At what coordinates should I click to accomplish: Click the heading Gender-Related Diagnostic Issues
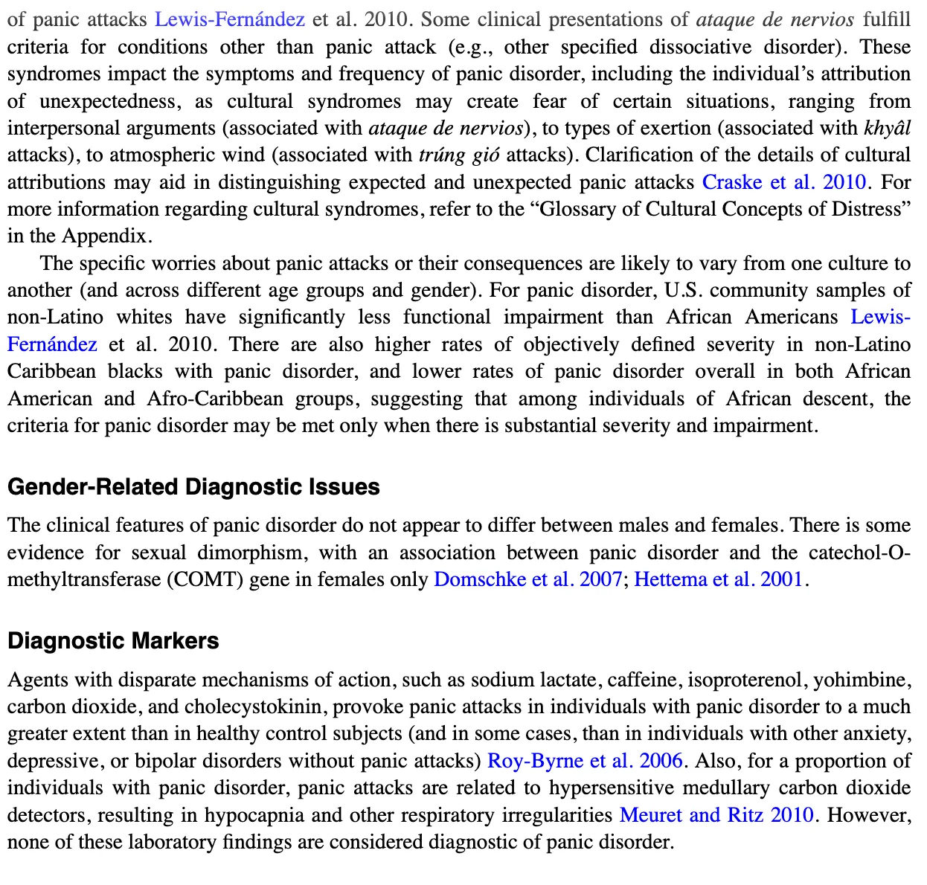193,487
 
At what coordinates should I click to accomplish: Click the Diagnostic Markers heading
113,641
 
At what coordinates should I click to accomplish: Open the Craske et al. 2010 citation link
784,182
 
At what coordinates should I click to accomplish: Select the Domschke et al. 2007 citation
527,579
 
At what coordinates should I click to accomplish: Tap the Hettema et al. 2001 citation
719,579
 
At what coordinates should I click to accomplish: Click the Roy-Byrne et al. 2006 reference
585,761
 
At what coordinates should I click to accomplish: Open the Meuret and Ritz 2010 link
716,815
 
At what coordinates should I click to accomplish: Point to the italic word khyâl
887,128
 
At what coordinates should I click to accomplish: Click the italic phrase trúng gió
459,155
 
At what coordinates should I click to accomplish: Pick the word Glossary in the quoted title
577,210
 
